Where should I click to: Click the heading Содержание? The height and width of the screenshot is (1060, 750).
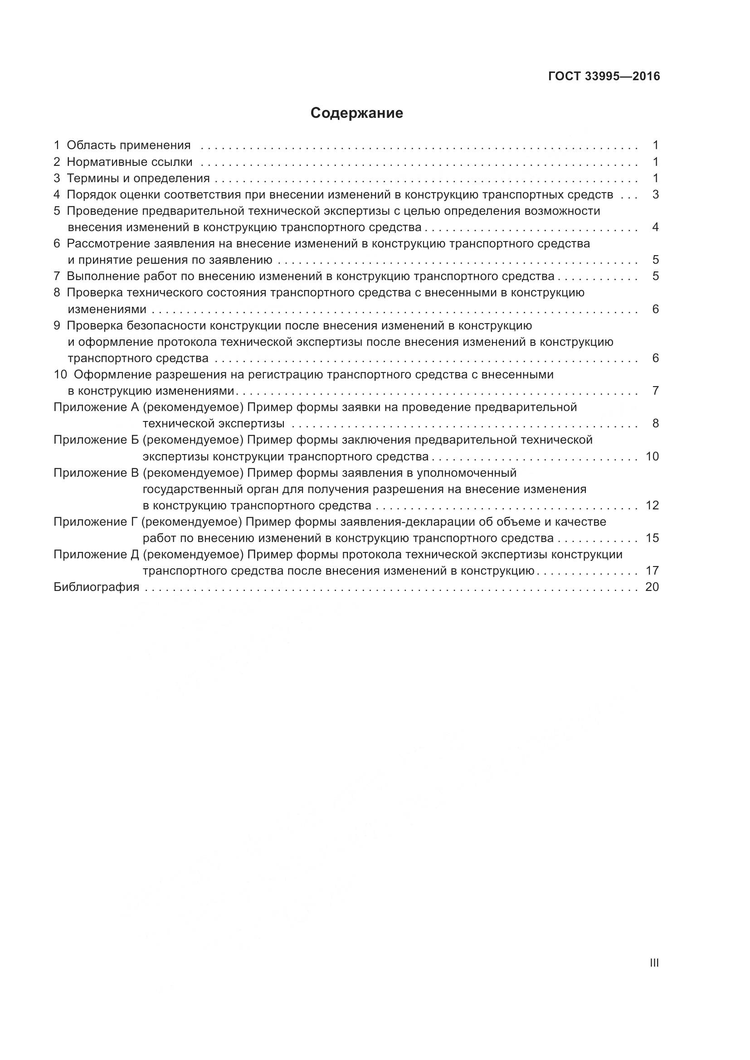pos(356,113)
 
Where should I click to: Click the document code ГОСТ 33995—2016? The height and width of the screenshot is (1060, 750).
pos(604,76)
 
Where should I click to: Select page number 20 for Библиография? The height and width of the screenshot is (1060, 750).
pos(652,587)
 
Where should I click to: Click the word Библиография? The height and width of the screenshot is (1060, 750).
pos(97,587)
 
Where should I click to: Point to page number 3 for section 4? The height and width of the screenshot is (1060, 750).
pos(655,194)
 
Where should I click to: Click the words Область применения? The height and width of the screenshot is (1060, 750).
pos(128,145)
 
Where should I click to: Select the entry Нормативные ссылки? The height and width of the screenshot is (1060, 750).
pos(129,162)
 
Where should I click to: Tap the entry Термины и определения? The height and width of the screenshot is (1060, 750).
pos(138,178)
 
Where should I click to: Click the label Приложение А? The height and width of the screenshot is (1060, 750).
pos(96,407)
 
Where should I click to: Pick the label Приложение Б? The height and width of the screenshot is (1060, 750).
pos(96,440)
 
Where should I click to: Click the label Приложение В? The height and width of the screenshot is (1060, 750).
pos(96,473)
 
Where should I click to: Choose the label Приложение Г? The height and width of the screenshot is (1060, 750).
pos(96,522)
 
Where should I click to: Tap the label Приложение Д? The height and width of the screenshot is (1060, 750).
pos(96,554)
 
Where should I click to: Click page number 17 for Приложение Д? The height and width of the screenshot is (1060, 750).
pos(652,571)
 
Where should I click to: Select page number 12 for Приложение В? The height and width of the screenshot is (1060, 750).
pos(652,506)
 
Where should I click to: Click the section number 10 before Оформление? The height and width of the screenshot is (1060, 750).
pos(60,374)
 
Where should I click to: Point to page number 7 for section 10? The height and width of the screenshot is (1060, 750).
pos(655,391)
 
